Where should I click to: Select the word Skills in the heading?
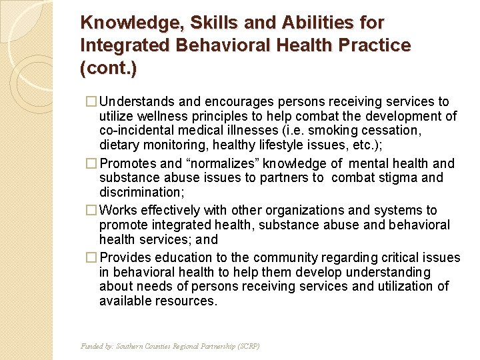[210, 23]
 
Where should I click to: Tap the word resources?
[186, 301]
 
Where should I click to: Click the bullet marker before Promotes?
[93, 163]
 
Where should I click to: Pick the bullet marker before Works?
[93, 210]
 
